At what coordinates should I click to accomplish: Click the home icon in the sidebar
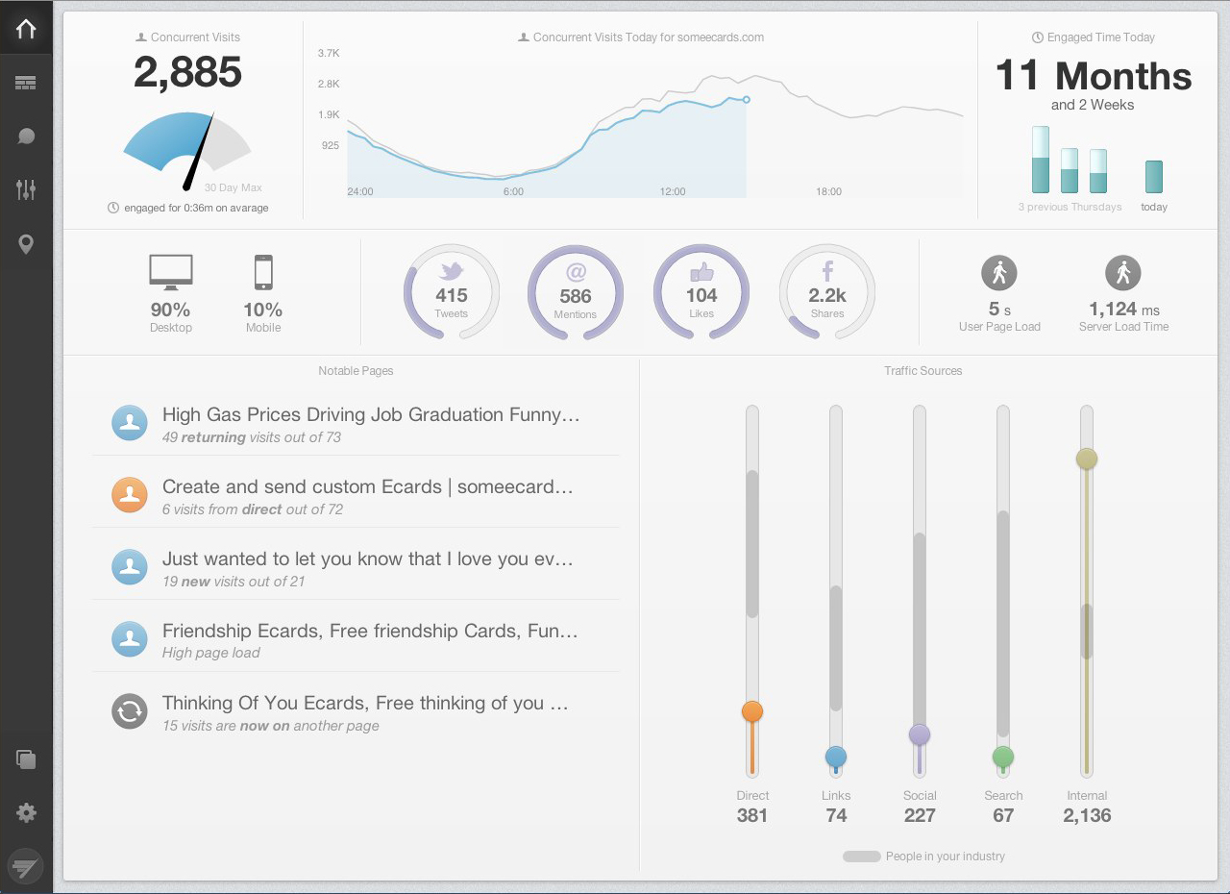26,29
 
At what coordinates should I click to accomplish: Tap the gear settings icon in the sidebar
26,813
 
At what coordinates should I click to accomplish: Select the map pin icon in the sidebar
26,244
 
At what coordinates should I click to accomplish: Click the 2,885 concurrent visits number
187,72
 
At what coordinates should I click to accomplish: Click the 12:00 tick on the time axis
673,191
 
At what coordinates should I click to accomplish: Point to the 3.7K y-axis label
329,54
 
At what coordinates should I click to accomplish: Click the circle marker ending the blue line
747,99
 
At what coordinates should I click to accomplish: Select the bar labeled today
1153,177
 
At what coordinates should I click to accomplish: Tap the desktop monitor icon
171,272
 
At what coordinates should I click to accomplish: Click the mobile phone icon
263,272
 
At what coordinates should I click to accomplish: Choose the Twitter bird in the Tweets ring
451,271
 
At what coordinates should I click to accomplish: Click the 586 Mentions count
576,296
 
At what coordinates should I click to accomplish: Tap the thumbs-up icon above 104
701,272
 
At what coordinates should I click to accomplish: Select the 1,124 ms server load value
1123,309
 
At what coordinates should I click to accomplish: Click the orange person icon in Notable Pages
130,494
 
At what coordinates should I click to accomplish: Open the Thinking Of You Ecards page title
365,703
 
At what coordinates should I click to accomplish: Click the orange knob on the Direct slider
752,711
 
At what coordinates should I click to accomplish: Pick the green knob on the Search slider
1003,757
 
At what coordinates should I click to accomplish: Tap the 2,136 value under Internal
1087,816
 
